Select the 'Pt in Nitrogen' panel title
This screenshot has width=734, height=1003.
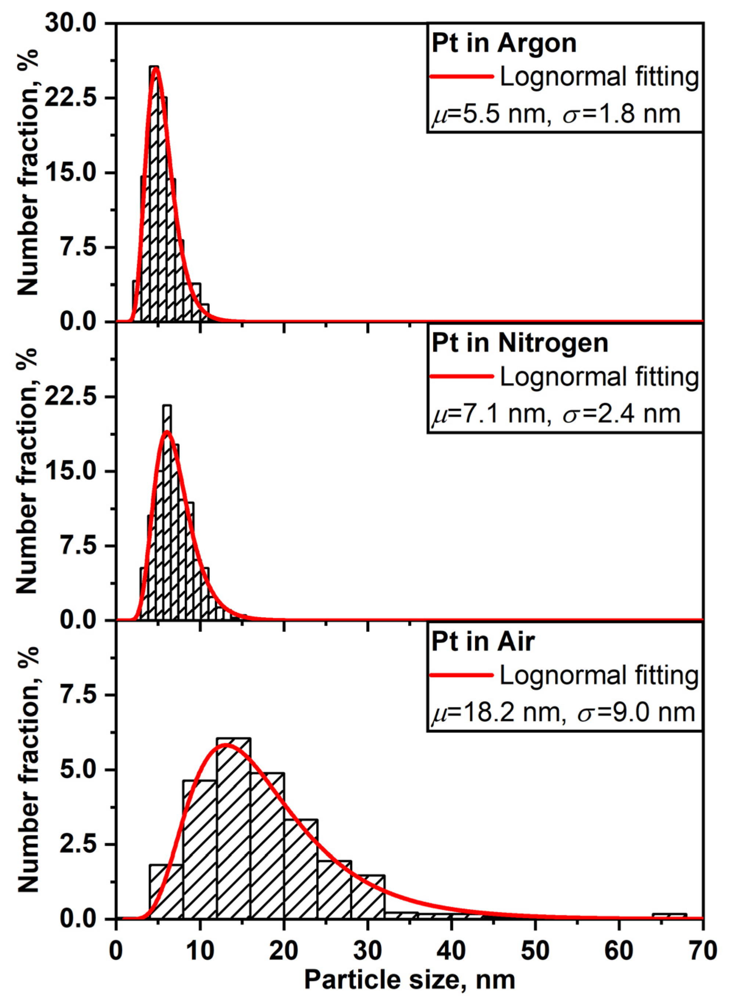519,343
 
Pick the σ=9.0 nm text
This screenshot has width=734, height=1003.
636,712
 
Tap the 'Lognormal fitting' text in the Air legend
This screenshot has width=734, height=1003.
599,675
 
